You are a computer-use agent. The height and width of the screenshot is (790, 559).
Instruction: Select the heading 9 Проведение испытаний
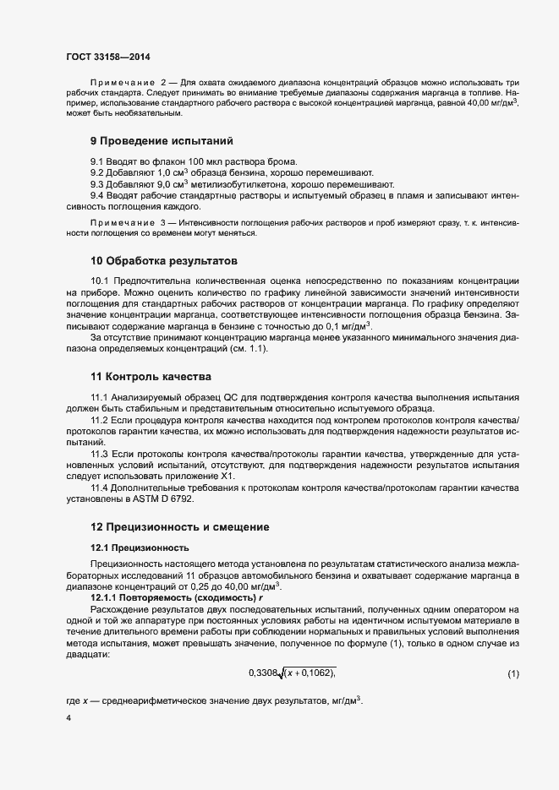[x=162, y=140]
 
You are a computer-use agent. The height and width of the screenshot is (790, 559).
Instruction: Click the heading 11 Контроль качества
[x=151, y=375]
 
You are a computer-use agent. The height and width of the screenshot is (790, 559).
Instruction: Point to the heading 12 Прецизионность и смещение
[x=179, y=527]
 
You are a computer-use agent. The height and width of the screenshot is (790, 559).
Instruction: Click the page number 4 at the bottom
[x=69, y=718]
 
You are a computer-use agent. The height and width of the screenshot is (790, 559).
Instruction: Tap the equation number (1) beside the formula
[x=513, y=673]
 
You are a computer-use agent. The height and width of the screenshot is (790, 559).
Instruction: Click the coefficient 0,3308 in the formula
[x=264, y=673]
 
